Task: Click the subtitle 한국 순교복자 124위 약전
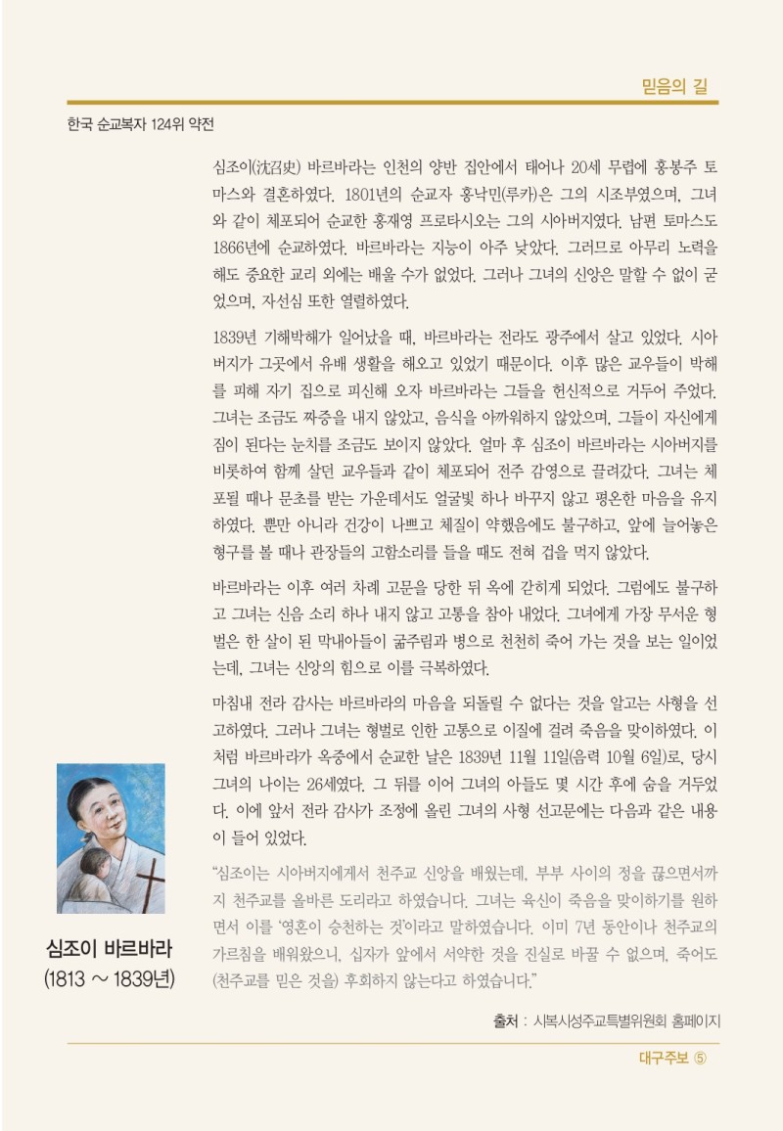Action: coord(140,125)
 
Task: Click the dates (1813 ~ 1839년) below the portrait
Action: coord(110,979)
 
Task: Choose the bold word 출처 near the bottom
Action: coord(506,1021)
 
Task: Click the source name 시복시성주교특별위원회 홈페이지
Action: coord(626,1021)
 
